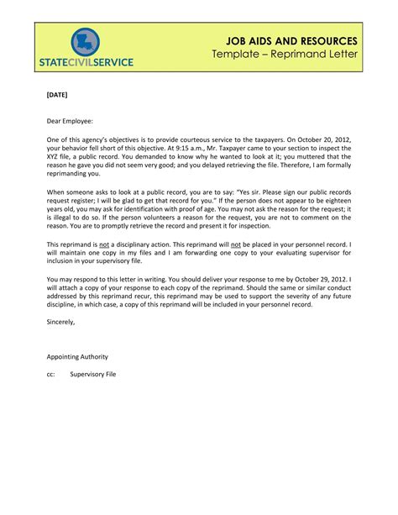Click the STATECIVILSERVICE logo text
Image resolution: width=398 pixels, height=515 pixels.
pos(86,63)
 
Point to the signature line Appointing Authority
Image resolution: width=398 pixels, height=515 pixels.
pos(77,357)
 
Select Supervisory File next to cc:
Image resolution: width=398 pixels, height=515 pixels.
pos(92,375)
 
